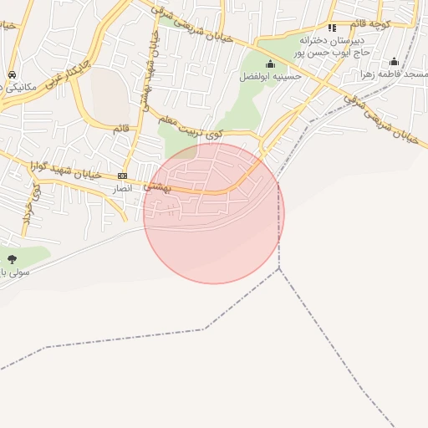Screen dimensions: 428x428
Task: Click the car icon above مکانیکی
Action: (x=11, y=74)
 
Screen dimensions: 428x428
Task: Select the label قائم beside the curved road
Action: (x=121, y=128)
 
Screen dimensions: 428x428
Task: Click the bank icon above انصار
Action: (x=123, y=176)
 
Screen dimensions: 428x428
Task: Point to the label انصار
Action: (x=123, y=190)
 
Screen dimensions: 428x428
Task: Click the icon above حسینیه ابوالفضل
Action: (x=269, y=64)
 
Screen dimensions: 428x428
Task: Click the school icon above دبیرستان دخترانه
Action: (x=332, y=28)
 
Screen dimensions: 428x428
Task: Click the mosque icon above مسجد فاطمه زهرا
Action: (x=394, y=62)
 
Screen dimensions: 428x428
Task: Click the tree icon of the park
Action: (x=12, y=259)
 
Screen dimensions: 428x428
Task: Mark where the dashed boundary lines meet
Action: (x=279, y=268)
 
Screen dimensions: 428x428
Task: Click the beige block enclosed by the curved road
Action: (x=109, y=94)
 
